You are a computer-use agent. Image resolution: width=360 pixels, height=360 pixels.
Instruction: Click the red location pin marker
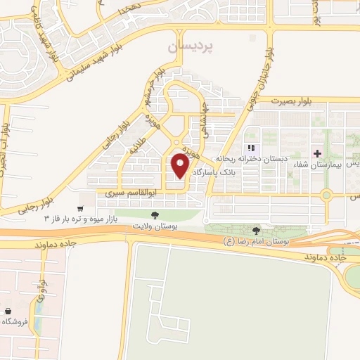(181, 166)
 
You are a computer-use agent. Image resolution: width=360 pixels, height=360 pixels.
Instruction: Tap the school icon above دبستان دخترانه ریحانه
(250, 148)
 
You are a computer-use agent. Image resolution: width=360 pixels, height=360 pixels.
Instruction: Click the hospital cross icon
(318, 153)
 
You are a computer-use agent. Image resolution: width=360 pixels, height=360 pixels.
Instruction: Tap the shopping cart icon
(81, 209)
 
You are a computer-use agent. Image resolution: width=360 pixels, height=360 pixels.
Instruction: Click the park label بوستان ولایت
(155, 226)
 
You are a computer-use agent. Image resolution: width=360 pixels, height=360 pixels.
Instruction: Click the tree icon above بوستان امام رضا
(255, 230)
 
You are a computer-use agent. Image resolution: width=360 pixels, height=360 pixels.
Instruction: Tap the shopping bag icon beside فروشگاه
(7, 311)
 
